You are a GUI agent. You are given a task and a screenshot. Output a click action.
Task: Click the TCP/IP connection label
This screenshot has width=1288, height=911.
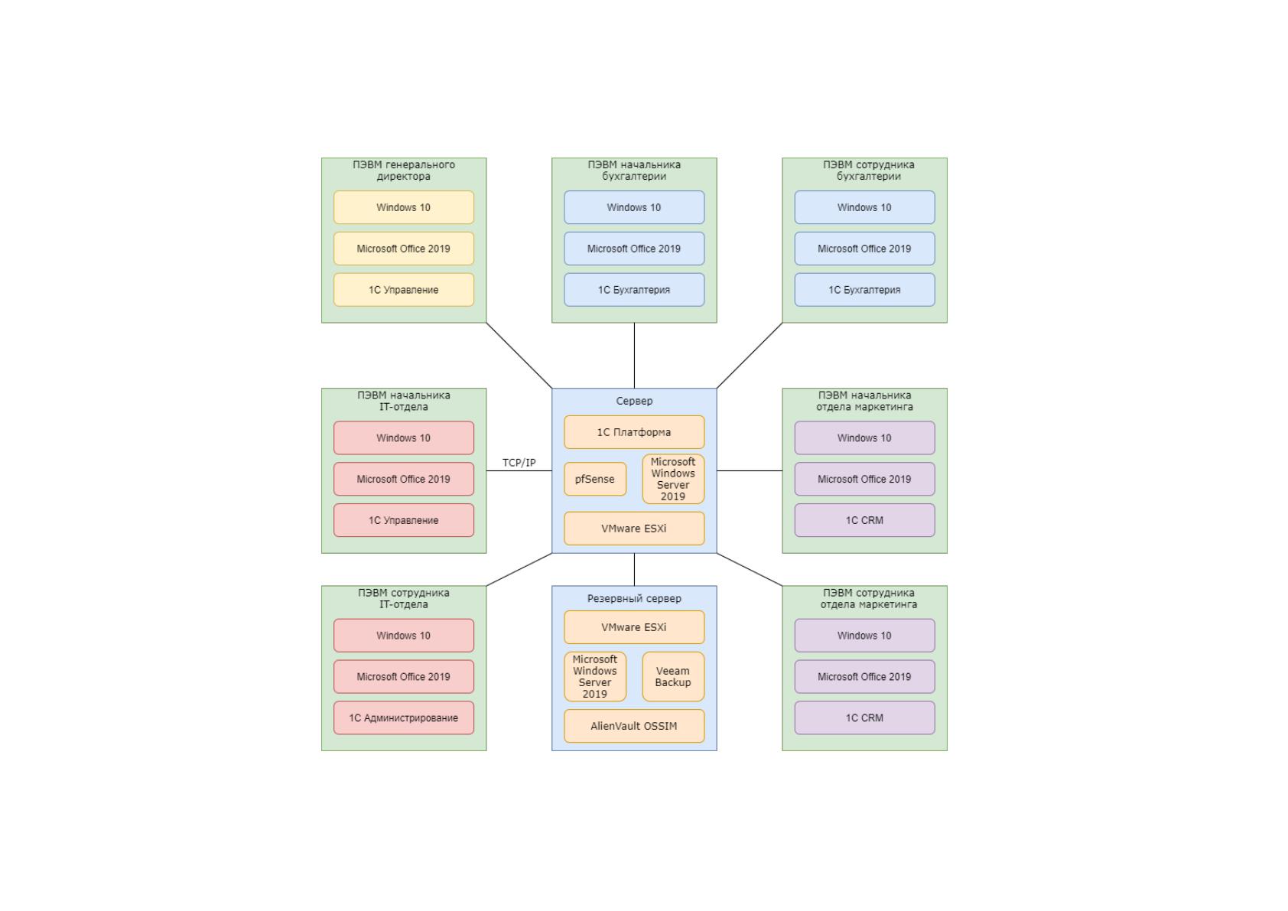click(x=519, y=463)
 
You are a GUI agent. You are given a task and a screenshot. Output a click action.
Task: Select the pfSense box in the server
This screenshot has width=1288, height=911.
click(x=594, y=479)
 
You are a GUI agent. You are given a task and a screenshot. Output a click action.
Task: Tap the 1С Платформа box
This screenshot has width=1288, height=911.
click(x=633, y=432)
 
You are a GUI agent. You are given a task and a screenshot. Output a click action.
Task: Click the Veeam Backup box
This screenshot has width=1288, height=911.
click(x=673, y=676)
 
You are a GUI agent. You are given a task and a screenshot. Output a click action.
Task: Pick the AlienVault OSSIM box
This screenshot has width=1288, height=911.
click(x=633, y=726)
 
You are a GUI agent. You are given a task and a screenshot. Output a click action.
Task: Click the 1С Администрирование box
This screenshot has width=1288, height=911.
click(x=404, y=717)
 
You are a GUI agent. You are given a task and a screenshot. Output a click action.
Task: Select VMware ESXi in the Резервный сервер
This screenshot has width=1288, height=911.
click(x=633, y=627)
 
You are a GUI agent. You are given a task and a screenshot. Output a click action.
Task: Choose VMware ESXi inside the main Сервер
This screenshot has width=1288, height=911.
click(x=633, y=529)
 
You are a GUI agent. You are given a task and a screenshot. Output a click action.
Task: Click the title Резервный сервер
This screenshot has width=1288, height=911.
click(x=633, y=598)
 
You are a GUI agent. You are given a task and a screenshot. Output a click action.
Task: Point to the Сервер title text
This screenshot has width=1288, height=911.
click(x=633, y=401)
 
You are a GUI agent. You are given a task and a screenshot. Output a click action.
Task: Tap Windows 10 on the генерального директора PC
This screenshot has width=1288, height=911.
click(x=404, y=207)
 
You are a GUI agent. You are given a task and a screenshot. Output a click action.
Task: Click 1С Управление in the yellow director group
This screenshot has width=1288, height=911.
click(x=404, y=290)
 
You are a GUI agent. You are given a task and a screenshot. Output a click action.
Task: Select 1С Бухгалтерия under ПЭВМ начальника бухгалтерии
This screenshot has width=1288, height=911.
click(x=633, y=290)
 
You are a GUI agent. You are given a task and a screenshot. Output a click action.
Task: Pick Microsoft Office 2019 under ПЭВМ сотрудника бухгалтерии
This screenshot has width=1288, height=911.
click(x=864, y=249)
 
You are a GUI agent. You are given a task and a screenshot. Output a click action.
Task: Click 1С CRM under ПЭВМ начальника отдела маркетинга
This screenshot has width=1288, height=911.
click(x=864, y=520)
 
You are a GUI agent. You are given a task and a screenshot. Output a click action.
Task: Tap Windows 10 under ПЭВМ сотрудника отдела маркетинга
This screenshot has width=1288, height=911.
click(x=864, y=635)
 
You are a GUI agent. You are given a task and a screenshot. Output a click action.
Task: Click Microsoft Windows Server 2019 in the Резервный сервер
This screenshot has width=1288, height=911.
click(x=594, y=676)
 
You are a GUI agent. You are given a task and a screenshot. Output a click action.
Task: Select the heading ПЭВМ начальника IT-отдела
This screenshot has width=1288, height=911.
click(x=404, y=401)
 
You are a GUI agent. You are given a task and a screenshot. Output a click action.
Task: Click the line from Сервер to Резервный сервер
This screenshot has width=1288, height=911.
click(x=634, y=569)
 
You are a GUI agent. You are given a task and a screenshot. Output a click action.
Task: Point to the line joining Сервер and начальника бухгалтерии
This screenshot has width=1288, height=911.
click(x=634, y=356)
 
